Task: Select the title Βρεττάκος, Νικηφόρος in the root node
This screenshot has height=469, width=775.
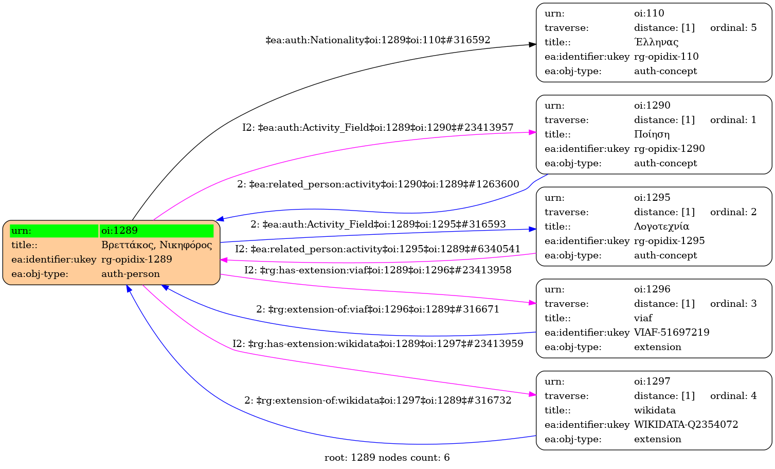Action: [156, 245]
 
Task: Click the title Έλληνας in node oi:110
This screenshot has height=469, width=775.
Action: [656, 42]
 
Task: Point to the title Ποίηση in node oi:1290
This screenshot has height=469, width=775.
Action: [652, 134]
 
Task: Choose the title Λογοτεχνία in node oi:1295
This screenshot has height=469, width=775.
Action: [661, 227]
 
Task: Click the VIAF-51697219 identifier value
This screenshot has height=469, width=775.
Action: [672, 333]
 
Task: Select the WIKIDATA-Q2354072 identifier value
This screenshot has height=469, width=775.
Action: [686, 425]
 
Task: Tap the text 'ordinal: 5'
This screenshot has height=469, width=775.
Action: [733, 28]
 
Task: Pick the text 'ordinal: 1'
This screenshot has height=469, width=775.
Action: [733, 120]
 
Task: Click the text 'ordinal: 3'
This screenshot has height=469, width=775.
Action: [733, 304]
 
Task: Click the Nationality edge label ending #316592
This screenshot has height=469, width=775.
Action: [378, 40]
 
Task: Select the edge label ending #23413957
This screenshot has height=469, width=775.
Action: [378, 128]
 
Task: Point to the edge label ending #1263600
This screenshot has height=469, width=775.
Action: [378, 184]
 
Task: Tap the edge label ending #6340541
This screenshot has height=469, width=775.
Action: [378, 249]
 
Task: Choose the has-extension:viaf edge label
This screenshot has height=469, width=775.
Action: [378, 270]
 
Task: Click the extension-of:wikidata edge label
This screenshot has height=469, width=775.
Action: [378, 401]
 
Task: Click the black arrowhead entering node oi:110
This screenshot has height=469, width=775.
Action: [533, 45]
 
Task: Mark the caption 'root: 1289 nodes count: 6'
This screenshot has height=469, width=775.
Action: [387, 458]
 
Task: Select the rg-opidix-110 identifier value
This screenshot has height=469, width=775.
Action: [666, 57]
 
